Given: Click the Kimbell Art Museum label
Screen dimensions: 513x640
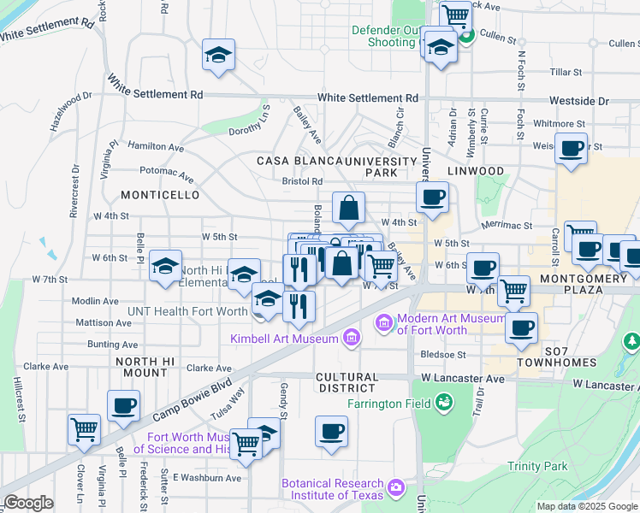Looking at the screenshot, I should tap(285, 339).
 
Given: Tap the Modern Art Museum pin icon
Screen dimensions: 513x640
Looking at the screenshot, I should tap(383, 323).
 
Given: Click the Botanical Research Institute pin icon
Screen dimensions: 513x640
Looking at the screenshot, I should tap(395, 488).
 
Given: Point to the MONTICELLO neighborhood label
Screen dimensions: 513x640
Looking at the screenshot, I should tap(160, 195).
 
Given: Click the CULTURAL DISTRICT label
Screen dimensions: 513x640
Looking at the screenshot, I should tap(347, 382).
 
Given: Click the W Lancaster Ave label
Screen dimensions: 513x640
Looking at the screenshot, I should tap(462, 377).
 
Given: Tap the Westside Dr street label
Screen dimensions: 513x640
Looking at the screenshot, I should tap(579, 101).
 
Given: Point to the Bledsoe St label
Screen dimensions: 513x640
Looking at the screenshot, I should tap(442, 354).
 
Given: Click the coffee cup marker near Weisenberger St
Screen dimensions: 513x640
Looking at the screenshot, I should tap(571, 149).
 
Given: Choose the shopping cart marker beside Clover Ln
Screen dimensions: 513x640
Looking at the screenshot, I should tap(85, 429).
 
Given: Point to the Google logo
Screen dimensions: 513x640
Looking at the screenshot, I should tap(28, 503).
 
